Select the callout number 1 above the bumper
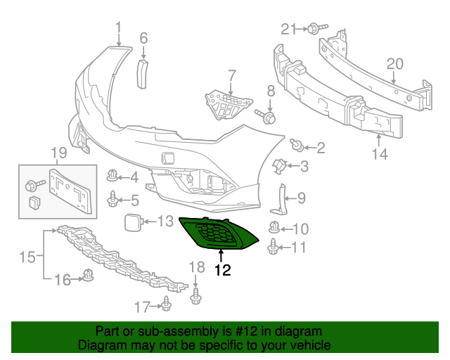point(118,27)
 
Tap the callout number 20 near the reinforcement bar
point(394,64)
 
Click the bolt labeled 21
point(313,29)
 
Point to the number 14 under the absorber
point(379,154)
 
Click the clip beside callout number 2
point(298,147)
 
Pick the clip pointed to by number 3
point(278,166)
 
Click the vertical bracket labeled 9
point(283,198)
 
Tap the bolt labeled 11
point(274,247)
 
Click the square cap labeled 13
point(132,222)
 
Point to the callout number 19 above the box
point(58,153)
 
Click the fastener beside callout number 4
point(112,176)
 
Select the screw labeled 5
point(112,200)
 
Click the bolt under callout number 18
point(196,297)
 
